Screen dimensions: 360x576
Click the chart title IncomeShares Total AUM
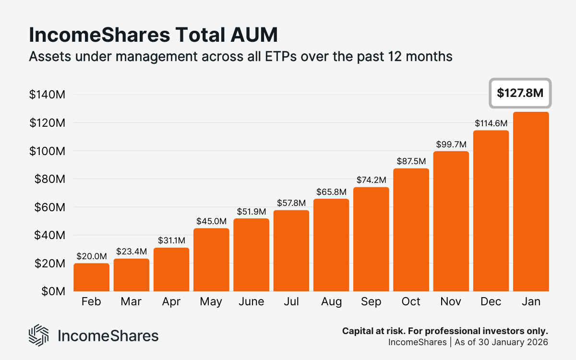pyautogui.click(x=153, y=36)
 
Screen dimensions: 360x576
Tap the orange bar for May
pyautogui.click(x=211, y=259)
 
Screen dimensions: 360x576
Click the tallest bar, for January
pyautogui.click(x=531, y=202)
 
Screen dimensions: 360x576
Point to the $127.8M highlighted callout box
pyautogui.click(x=520, y=93)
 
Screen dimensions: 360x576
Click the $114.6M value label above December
pyautogui.click(x=491, y=123)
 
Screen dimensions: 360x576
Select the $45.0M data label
pyautogui.click(x=211, y=221)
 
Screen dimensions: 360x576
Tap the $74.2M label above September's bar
pyautogui.click(x=371, y=180)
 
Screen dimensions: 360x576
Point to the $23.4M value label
pyautogui.click(x=131, y=252)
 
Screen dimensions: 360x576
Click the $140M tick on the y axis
pyautogui.click(x=47, y=95)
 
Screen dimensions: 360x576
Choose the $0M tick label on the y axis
pyautogui.click(x=52, y=291)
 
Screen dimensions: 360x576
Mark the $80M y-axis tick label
pyautogui.click(x=47, y=179)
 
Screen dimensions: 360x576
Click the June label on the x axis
pyautogui.click(x=251, y=301)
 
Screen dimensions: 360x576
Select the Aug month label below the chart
pyautogui.click(x=331, y=301)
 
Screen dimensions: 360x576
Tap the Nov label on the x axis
pyautogui.click(x=451, y=301)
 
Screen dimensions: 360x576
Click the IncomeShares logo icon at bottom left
pyautogui.click(x=39, y=335)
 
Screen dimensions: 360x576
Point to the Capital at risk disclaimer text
pyautogui.click(x=445, y=331)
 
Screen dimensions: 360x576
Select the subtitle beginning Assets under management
pyautogui.click(x=240, y=56)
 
